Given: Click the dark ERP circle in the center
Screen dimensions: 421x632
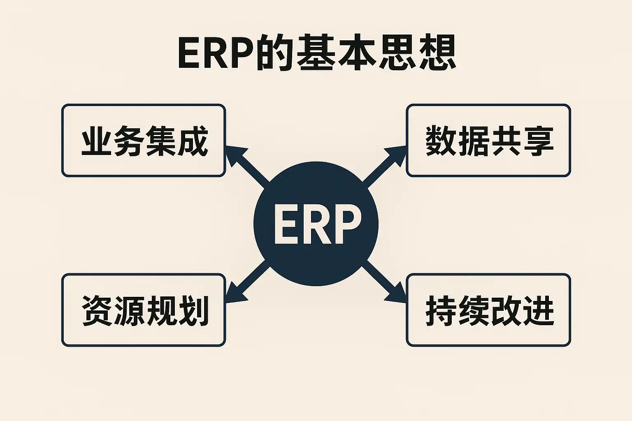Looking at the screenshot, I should click(316, 255).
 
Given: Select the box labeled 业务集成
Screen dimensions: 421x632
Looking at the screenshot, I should click(144, 141).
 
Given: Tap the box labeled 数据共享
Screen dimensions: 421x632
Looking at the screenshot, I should click(488, 141).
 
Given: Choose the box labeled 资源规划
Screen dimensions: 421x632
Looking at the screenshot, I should click(144, 310).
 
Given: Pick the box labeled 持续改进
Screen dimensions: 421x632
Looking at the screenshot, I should click(488, 310).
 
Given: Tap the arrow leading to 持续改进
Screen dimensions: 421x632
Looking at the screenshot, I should click(385, 286).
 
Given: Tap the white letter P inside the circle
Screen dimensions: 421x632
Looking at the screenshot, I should click(346, 225).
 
